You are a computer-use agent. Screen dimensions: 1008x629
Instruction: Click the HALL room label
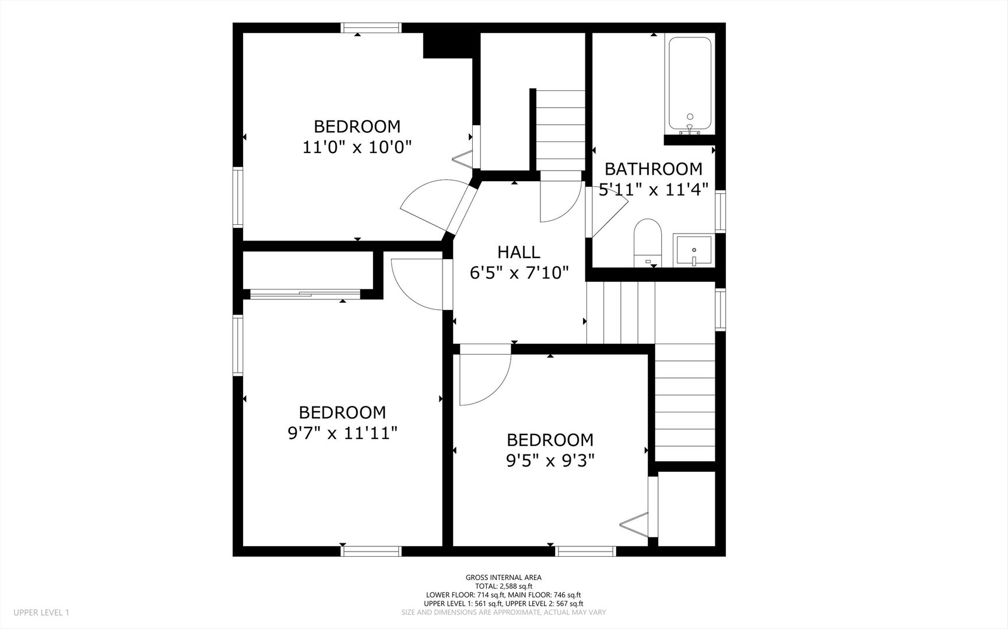tap(519, 252)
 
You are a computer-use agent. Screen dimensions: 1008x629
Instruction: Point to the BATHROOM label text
tap(654, 169)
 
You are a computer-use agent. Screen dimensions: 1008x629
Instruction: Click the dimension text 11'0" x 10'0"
tap(357, 147)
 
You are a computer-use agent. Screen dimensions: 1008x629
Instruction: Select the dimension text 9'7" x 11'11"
tap(343, 433)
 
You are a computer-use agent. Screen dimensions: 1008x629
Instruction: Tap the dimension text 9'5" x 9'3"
tap(550, 460)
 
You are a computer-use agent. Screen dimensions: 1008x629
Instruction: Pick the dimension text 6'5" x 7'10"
tap(519, 272)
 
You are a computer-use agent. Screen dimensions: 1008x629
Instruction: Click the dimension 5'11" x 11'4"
tap(654, 189)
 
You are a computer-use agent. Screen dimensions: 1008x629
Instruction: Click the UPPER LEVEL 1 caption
tap(41, 612)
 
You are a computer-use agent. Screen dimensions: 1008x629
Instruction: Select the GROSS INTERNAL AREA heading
tap(504, 578)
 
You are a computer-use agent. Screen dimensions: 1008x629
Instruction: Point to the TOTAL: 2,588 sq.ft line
tap(504, 586)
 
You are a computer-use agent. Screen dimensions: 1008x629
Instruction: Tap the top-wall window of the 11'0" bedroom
tap(371, 27)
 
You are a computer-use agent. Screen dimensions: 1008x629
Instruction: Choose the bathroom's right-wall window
tap(721, 211)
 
